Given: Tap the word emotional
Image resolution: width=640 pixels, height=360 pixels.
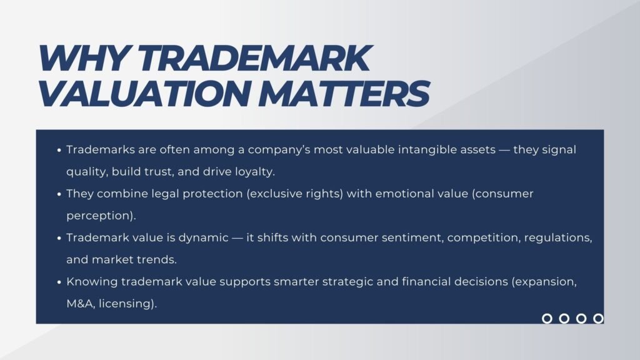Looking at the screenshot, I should [399, 194].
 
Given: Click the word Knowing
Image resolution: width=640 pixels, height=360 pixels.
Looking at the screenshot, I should [89, 282].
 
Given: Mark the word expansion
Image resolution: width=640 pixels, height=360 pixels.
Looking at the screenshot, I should [548, 282].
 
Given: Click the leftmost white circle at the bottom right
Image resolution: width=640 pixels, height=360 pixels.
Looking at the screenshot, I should [547, 319].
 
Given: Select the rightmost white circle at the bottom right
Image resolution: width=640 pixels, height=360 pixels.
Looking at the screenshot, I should [598, 319].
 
